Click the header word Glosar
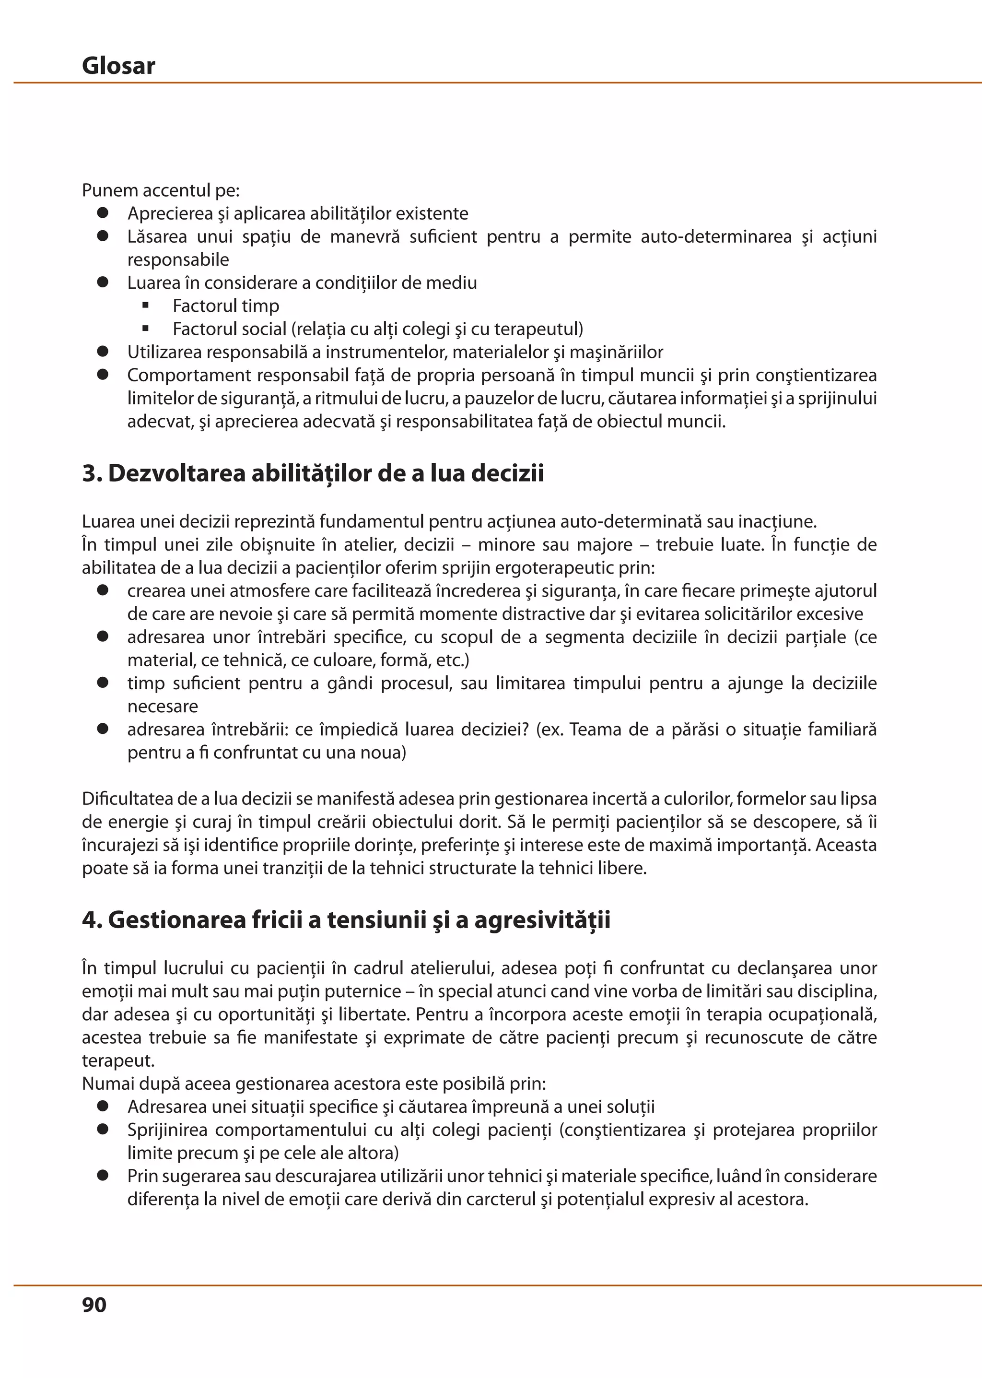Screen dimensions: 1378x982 click(x=118, y=65)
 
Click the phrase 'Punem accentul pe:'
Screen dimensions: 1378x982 click(x=161, y=190)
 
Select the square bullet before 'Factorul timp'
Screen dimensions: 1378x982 click(x=145, y=306)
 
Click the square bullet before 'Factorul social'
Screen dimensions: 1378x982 click(x=145, y=329)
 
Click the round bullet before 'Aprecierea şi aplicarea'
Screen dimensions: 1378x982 click(x=103, y=213)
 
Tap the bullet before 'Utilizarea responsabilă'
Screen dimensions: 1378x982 click(x=103, y=352)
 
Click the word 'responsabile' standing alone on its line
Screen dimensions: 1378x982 click(x=178, y=260)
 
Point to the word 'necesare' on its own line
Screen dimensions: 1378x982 click(x=163, y=707)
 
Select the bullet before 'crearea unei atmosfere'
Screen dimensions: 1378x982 click(x=103, y=590)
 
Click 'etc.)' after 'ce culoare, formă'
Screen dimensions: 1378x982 click(x=454, y=660)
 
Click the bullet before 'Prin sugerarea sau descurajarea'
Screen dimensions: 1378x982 click(x=103, y=1175)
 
